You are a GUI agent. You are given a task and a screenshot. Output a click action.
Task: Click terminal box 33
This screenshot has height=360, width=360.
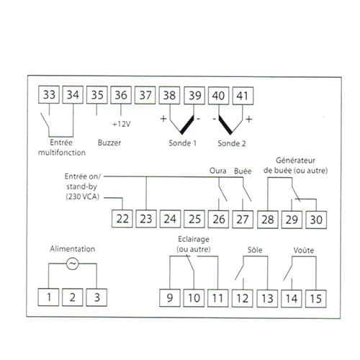[x=49, y=95]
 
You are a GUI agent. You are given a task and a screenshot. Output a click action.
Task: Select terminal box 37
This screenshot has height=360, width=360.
[x=145, y=95]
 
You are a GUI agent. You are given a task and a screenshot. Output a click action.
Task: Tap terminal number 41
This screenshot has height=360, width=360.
[x=242, y=96]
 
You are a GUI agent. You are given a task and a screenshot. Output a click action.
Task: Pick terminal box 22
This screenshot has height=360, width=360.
[x=122, y=219]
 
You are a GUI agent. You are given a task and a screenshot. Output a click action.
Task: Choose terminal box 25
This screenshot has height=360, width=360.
[x=194, y=219]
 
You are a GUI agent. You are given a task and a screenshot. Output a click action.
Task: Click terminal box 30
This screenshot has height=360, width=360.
[x=316, y=220]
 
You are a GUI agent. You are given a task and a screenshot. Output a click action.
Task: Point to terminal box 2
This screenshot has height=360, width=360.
[x=73, y=297]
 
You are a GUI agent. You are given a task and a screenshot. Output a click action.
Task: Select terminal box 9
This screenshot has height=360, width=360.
[x=170, y=298]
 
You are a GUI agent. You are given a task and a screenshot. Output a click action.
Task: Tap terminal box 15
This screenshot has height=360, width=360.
[x=315, y=299]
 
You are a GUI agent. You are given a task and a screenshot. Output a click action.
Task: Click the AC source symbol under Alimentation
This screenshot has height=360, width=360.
[x=72, y=264]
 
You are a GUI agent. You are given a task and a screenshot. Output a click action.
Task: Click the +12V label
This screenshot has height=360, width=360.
[x=122, y=124]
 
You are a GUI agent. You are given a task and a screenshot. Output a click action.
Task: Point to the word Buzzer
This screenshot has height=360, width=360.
[x=109, y=143]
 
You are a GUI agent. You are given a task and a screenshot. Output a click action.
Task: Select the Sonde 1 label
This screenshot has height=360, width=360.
[x=182, y=143]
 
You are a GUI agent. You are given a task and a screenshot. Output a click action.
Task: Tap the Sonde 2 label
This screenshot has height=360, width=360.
[x=232, y=143]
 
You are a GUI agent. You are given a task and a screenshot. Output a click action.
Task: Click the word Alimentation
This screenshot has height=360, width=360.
[x=73, y=249]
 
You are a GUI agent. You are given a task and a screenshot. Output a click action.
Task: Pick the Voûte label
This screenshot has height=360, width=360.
[x=304, y=251]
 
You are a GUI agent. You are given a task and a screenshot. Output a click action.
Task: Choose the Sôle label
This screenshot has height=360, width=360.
[x=255, y=250]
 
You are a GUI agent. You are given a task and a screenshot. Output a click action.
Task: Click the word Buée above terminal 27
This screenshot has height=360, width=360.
[x=243, y=171]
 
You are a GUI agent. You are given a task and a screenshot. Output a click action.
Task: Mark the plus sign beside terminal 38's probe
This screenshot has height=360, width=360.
[x=163, y=119]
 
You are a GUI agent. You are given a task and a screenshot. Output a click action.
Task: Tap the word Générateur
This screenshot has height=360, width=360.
[x=295, y=161]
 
